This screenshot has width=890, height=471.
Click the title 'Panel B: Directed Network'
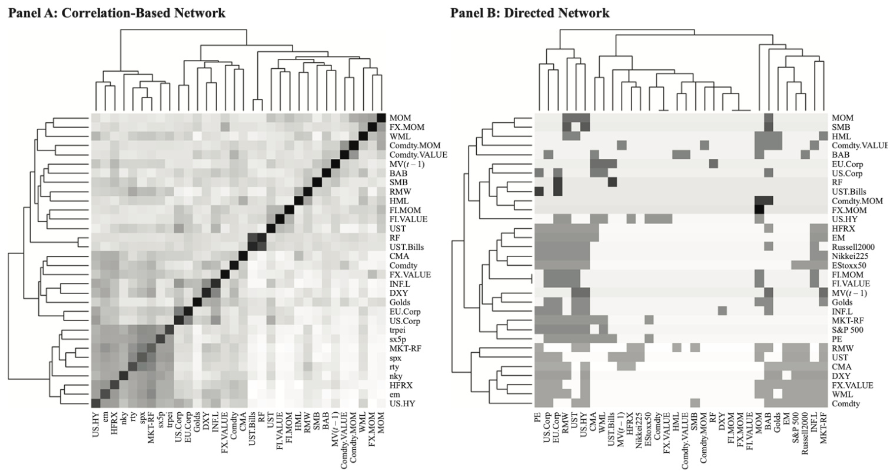coord(530,12)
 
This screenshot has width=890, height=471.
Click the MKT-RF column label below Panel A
coord(151,429)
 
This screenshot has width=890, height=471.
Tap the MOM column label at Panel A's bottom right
coord(382,423)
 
